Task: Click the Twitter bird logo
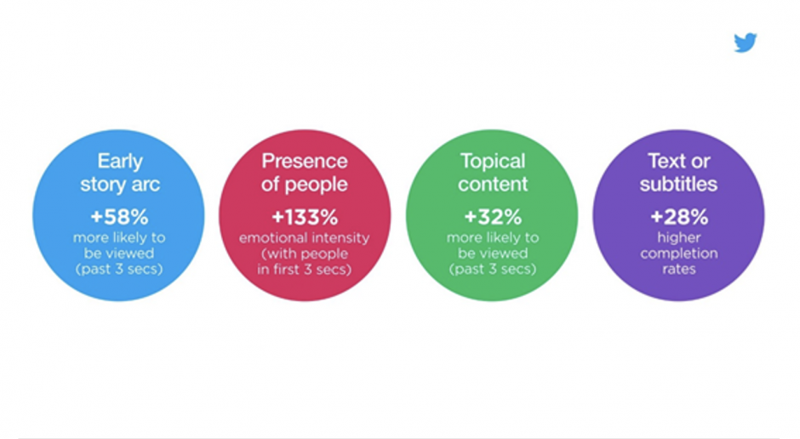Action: (x=746, y=43)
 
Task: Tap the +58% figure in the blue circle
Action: (x=119, y=217)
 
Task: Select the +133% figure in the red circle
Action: (x=305, y=217)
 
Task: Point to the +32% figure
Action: (x=493, y=217)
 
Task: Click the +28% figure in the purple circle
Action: (x=679, y=217)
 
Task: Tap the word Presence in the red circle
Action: (x=305, y=161)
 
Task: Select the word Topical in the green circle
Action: (x=493, y=162)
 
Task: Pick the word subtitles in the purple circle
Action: (x=678, y=184)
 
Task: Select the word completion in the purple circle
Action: (x=679, y=254)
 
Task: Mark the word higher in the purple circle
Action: (x=679, y=238)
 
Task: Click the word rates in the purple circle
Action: (x=679, y=269)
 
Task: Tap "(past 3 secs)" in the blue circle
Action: (x=119, y=269)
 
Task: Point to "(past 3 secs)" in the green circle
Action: (x=493, y=269)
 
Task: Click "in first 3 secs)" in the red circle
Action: (x=305, y=269)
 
